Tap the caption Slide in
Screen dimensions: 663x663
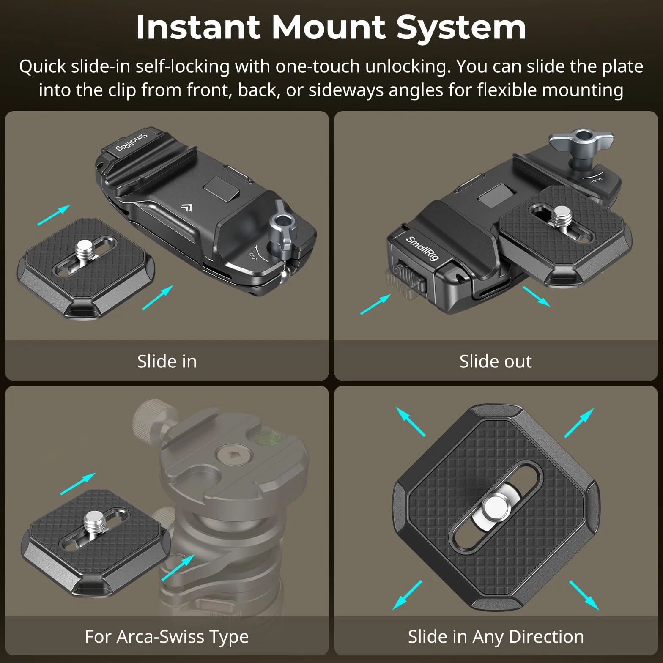(167, 361)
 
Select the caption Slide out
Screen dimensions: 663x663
(496, 361)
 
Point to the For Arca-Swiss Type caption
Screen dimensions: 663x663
(167, 637)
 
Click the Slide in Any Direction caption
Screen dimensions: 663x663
(496, 636)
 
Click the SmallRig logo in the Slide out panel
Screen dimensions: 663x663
(422, 249)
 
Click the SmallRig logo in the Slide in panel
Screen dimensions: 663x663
(132, 142)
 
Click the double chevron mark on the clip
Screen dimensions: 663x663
(186, 208)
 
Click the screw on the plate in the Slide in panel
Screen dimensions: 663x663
(86, 249)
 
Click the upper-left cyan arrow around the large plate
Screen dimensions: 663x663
(411, 422)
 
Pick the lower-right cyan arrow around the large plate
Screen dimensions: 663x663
(584, 595)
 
